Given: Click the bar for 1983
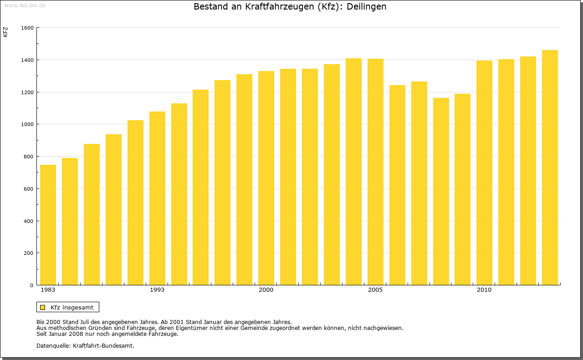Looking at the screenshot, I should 48,225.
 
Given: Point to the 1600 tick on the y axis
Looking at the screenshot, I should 28,28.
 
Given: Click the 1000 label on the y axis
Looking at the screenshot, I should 28,124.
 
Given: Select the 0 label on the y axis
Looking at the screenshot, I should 32,285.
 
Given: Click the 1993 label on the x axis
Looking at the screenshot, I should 157,290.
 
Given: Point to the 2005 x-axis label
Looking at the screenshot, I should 375,290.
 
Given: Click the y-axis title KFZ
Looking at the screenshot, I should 5,32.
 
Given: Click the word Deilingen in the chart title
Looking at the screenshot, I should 366,7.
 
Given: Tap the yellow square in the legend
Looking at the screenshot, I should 42,307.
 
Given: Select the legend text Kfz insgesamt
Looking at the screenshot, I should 72,307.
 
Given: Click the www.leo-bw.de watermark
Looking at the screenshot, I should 24,5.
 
